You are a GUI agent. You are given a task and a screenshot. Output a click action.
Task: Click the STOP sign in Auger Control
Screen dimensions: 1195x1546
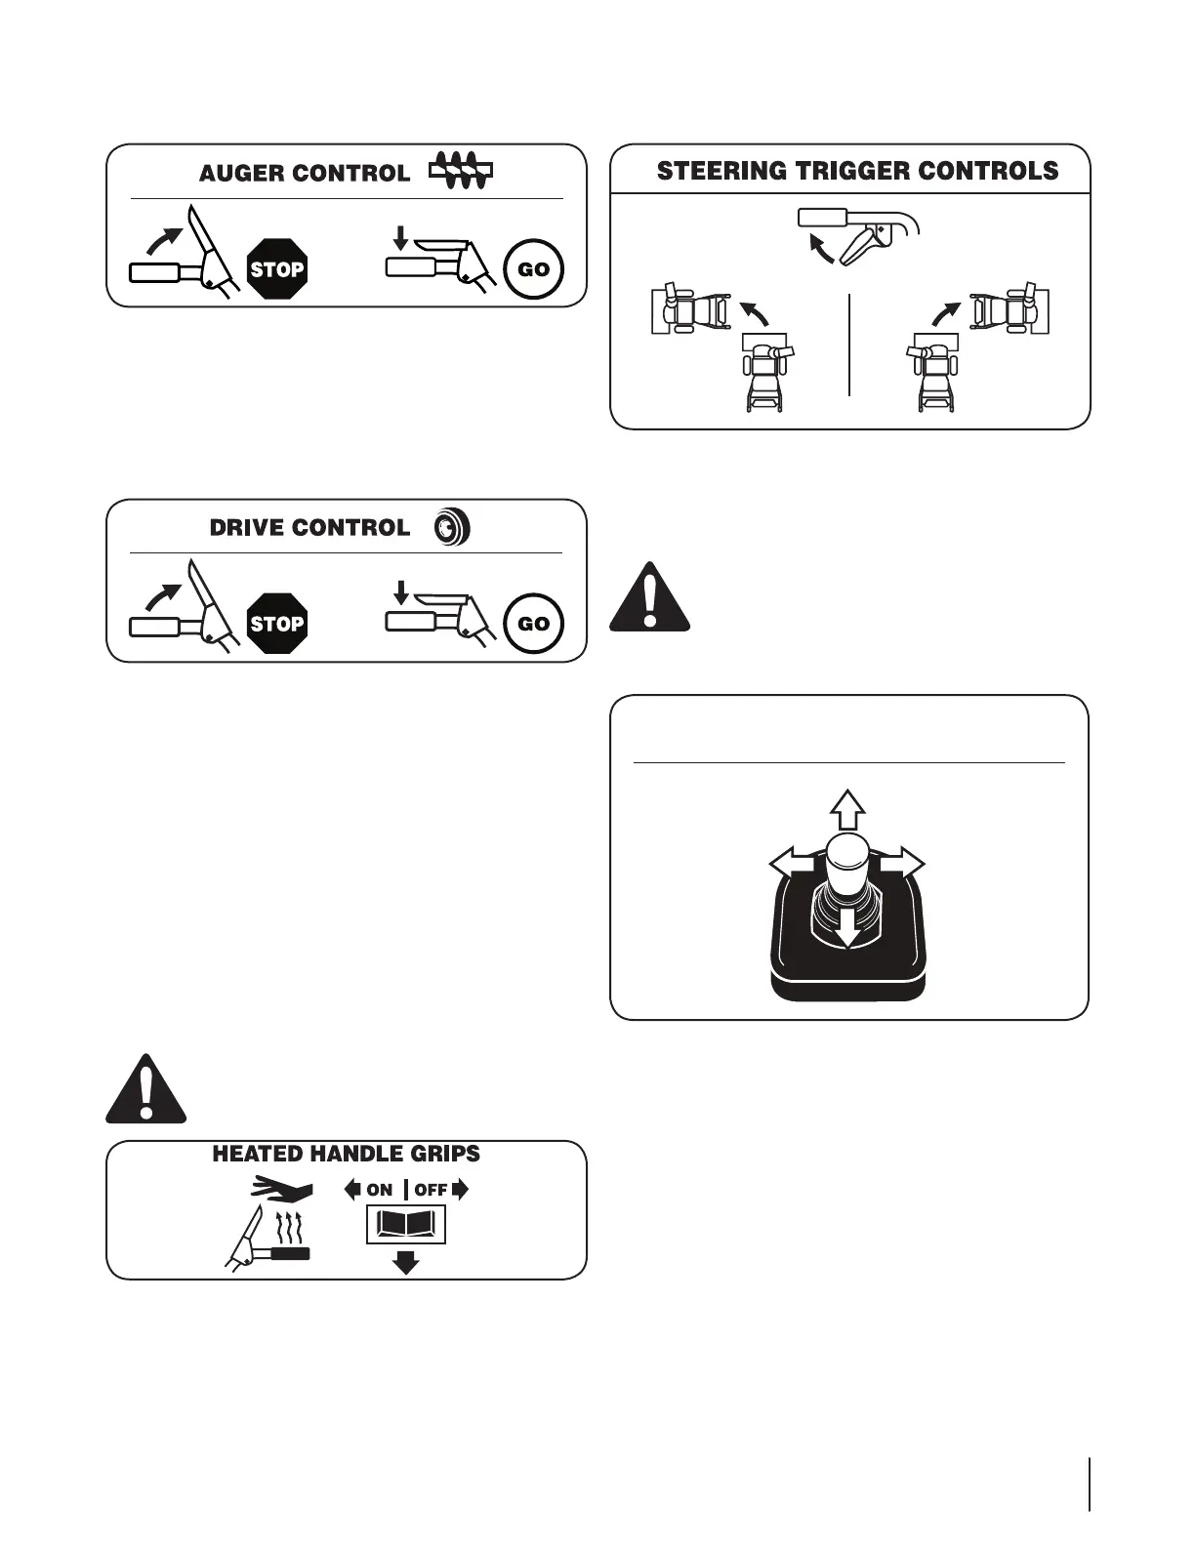[277, 268]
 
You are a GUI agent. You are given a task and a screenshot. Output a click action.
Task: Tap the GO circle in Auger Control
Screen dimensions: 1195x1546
[533, 268]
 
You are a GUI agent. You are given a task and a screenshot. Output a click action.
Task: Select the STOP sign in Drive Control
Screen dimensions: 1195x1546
[277, 623]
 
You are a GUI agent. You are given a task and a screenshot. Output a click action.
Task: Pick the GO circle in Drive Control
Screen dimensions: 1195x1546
[533, 623]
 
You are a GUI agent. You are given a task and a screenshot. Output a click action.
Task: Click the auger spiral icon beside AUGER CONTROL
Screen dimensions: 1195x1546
[460, 171]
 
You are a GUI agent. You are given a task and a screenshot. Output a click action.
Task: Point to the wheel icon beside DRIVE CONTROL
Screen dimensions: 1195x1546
[452, 527]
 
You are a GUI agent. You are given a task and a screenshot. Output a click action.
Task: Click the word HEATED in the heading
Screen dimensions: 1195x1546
[257, 1154]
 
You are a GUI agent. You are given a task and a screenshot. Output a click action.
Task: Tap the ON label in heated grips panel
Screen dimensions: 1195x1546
[379, 1190]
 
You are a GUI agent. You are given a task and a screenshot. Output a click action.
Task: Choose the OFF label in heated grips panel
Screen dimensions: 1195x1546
[431, 1190]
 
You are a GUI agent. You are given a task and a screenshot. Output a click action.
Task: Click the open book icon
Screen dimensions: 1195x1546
[405, 1224]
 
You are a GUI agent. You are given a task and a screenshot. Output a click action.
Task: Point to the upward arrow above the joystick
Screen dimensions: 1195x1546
[847, 809]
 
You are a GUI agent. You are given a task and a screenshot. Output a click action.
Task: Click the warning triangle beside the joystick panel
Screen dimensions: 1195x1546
[650, 597]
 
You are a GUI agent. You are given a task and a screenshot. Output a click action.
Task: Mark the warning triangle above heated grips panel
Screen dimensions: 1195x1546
[145, 1090]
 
